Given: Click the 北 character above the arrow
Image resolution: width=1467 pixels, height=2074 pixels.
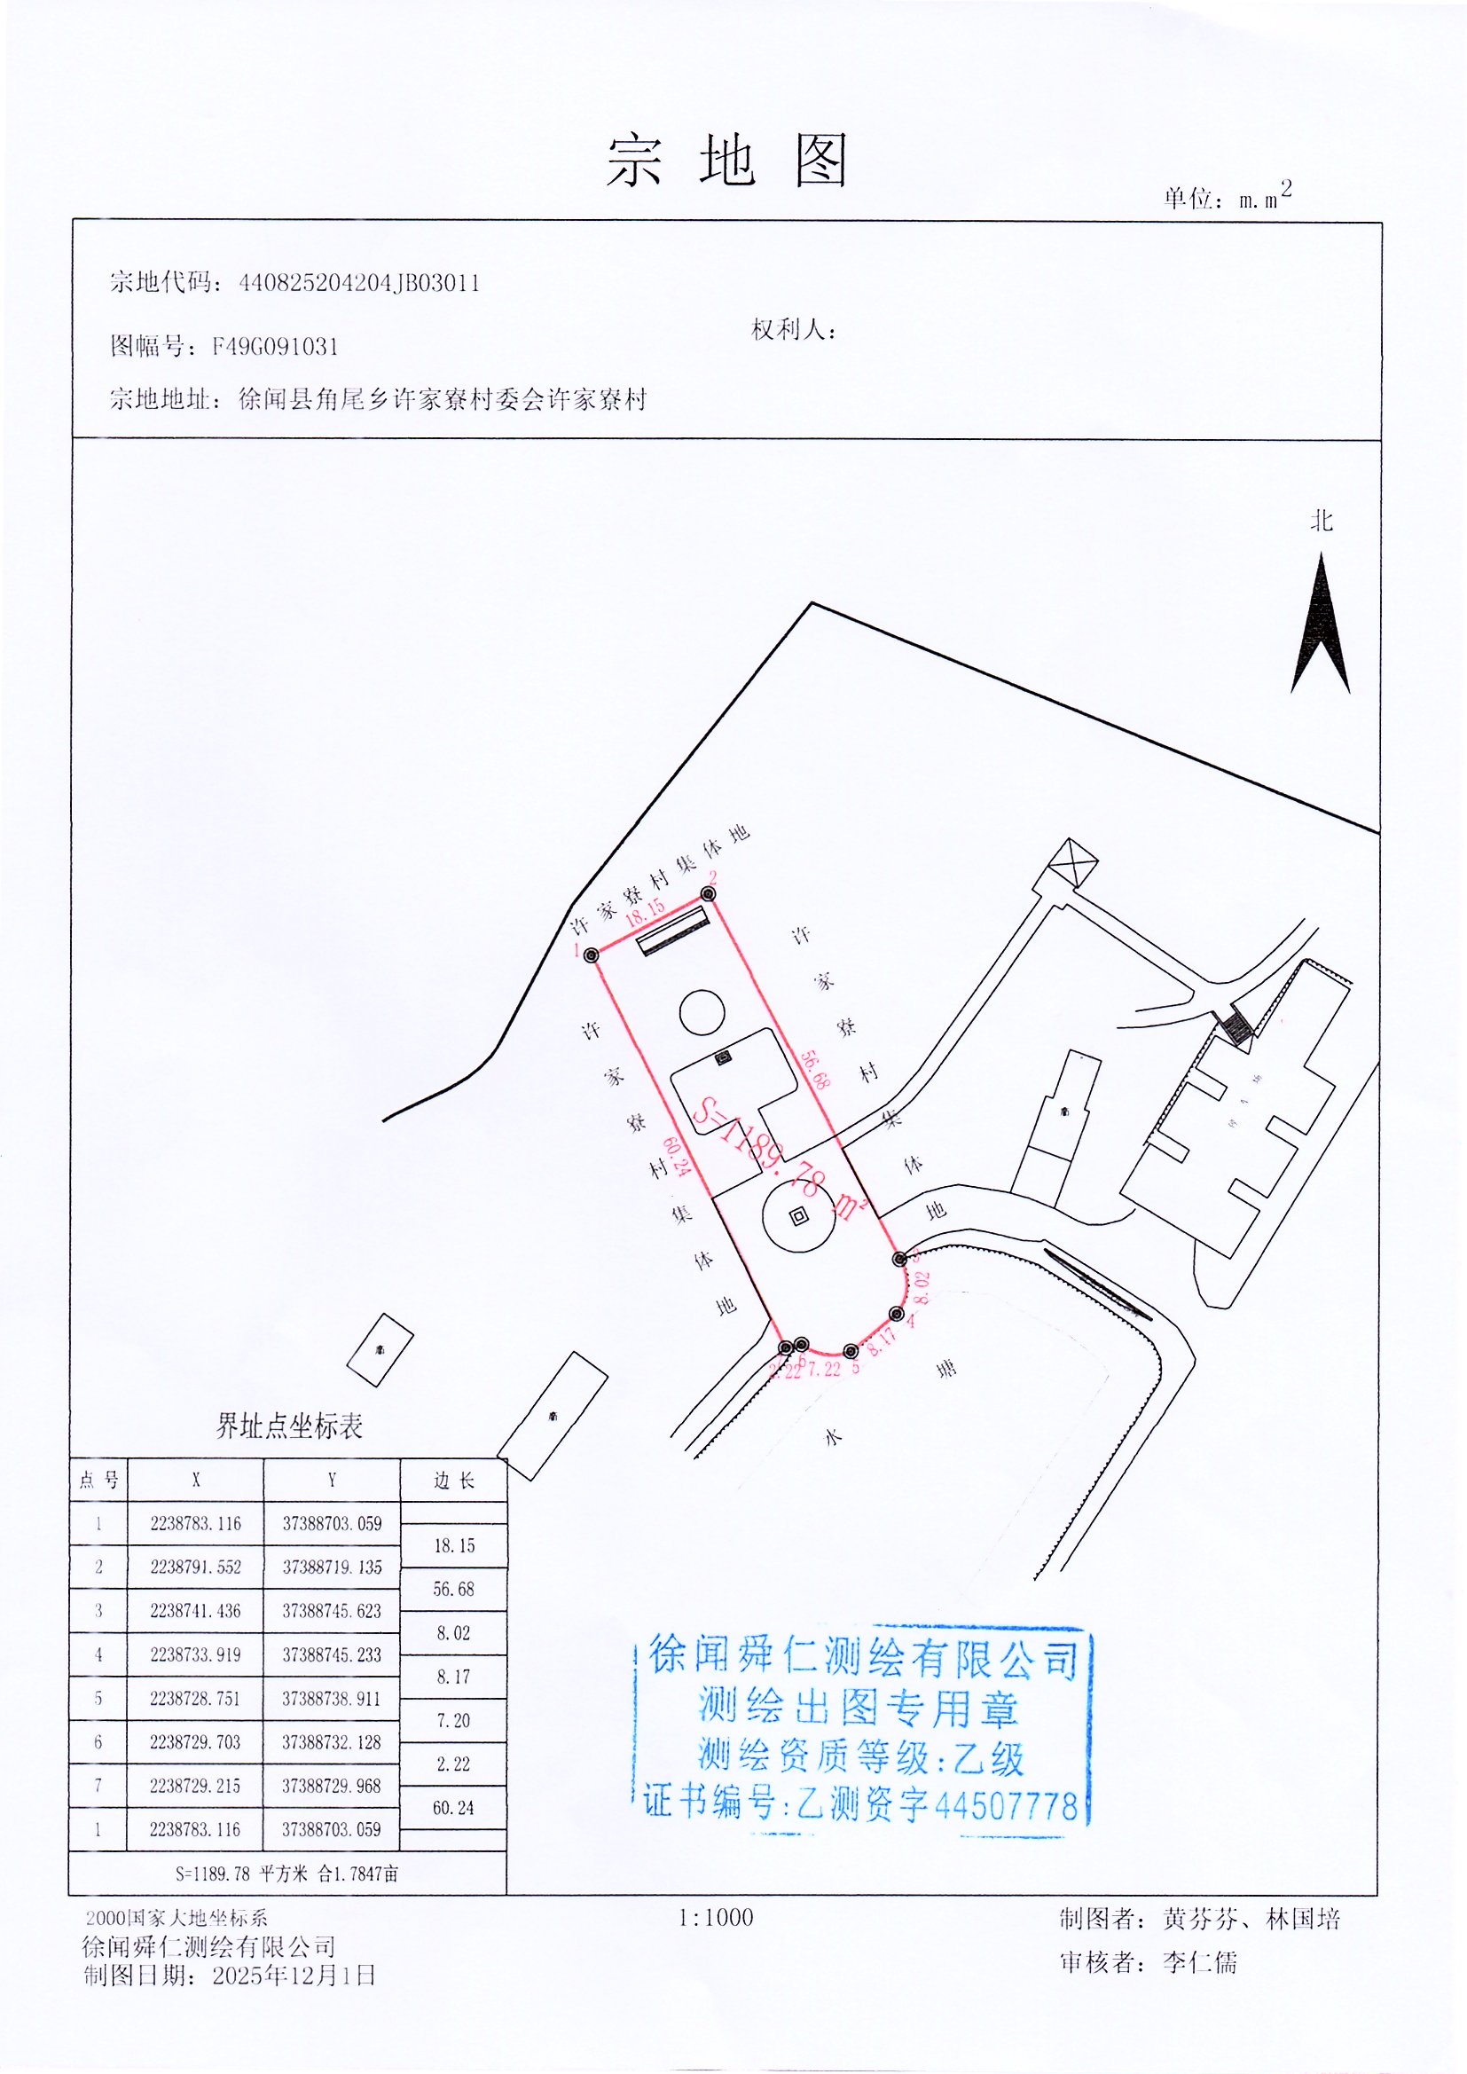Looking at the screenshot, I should point(1321,522).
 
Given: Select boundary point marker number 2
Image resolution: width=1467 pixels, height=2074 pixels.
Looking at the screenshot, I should point(710,893).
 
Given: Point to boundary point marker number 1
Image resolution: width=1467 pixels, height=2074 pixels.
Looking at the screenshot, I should point(592,955).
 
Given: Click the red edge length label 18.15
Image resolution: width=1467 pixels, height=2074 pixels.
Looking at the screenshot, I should point(645,912).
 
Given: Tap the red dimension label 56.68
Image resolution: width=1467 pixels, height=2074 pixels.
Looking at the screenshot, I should point(814,1070).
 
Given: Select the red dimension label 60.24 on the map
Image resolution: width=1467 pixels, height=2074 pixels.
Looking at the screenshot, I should point(678,1156).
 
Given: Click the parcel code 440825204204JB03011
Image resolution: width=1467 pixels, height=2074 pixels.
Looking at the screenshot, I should point(358,284).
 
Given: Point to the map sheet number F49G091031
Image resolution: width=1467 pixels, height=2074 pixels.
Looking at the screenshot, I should point(276,347).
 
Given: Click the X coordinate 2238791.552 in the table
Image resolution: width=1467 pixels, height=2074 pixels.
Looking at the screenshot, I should point(196,1567).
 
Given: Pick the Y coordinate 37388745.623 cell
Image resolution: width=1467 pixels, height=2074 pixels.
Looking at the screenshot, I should point(332,1611).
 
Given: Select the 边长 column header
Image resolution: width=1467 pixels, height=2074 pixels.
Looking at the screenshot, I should point(453,1480).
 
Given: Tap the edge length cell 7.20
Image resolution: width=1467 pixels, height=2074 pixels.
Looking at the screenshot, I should point(453,1721).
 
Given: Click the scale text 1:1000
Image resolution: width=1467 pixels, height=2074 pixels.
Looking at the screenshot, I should point(716,1918).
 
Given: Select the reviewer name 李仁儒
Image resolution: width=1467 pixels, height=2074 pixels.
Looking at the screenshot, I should point(1200,1962).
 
